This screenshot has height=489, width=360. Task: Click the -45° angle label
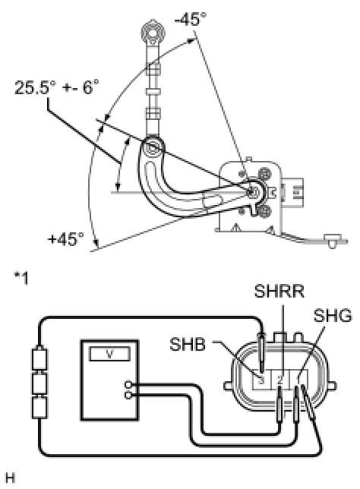tap(191, 19)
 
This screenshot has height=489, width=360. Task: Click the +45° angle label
tap(66, 239)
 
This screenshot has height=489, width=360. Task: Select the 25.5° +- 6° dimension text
tap(57, 87)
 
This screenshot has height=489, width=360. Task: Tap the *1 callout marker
tap(21, 278)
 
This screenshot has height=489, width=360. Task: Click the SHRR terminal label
tap(279, 292)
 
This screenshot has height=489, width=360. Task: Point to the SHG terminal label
tap(333, 316)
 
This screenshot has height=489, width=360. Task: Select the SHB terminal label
tap(188, 345)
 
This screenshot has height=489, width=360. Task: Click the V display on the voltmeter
tap(109, 354)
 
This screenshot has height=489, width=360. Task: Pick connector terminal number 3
tap(262, 380)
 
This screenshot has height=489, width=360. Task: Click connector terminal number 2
tap(280, 380)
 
